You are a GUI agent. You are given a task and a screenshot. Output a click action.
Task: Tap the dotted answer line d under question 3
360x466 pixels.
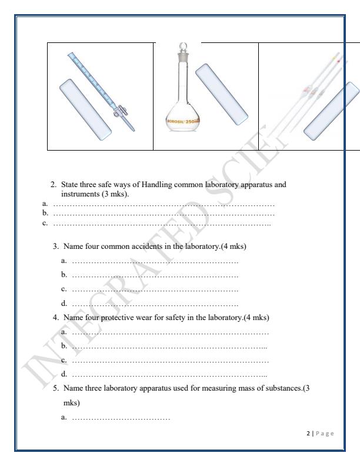(154, 304)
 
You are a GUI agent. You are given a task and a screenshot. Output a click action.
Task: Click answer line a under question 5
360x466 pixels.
(121, 418)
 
